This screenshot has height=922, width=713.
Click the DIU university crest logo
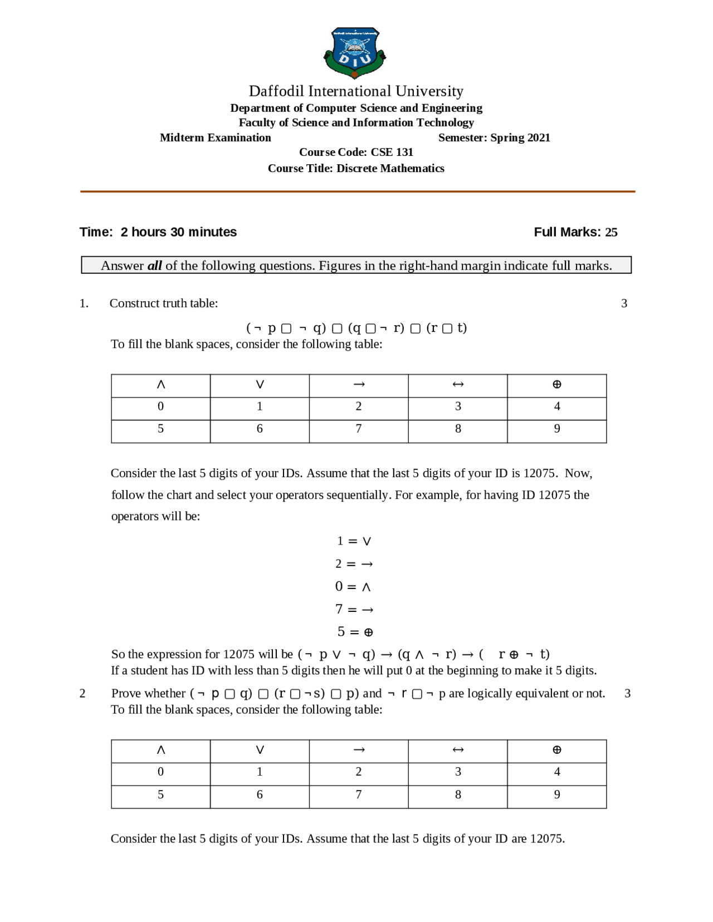355,53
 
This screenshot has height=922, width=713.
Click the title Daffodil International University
356,91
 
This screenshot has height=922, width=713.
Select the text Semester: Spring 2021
494,138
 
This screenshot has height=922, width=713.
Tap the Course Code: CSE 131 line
356,152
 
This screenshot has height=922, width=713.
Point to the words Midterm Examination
215,138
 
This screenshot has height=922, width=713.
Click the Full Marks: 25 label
575,232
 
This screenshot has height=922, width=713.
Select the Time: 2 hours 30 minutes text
158,232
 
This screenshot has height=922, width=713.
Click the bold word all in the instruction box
154,266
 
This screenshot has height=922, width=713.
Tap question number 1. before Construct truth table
84,303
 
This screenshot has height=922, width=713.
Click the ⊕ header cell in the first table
556,385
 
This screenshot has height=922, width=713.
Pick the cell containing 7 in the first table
359,429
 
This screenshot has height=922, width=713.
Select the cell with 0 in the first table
160,406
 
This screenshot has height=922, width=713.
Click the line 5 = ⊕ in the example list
355,632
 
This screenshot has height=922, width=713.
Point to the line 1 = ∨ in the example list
354,541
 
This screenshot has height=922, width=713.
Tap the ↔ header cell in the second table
458,750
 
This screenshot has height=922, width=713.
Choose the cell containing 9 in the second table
556,795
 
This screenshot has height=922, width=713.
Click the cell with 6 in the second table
260,795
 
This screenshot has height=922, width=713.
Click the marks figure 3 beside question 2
627,694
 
